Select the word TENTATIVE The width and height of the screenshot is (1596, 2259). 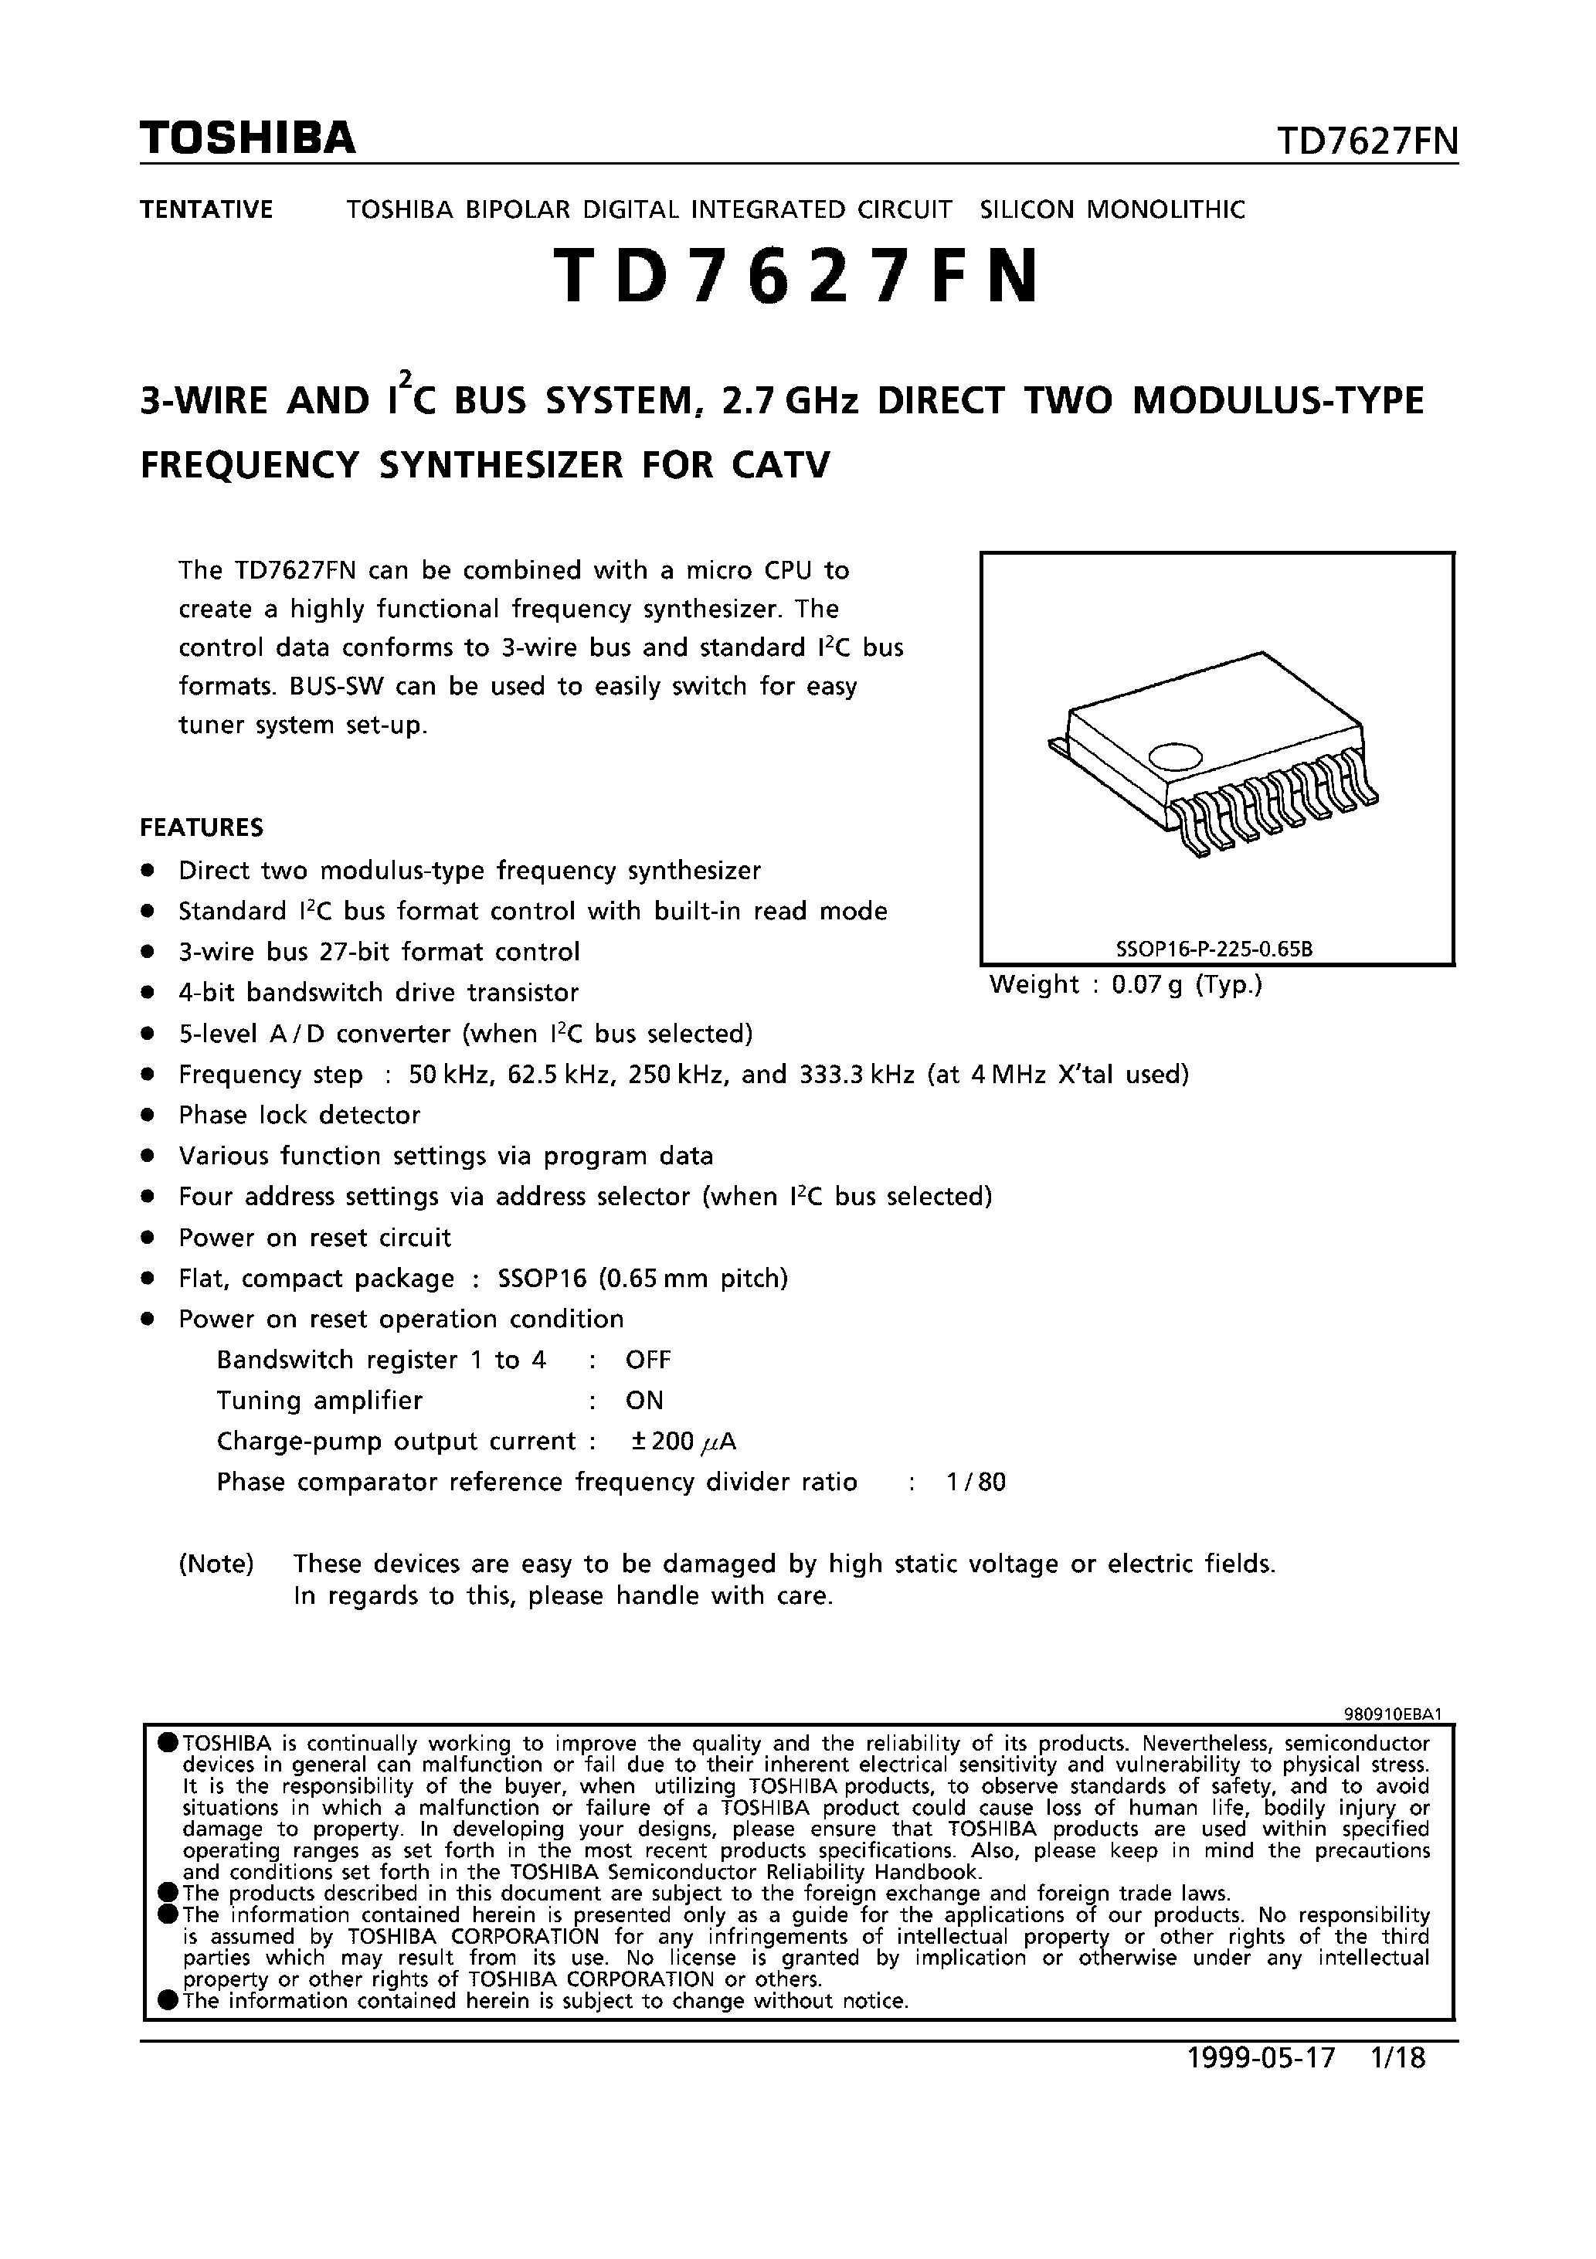pos(206,209)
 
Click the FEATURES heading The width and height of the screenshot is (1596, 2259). pos(202,827)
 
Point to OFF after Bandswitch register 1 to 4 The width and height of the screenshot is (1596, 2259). pos(647,1360)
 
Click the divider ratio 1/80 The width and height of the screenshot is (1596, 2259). pos(976,1482)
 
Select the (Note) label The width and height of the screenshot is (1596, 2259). pos(216,1564)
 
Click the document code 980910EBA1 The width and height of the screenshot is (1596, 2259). pos(1392,1713)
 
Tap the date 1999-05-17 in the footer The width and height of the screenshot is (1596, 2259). pos(1262,2058)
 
